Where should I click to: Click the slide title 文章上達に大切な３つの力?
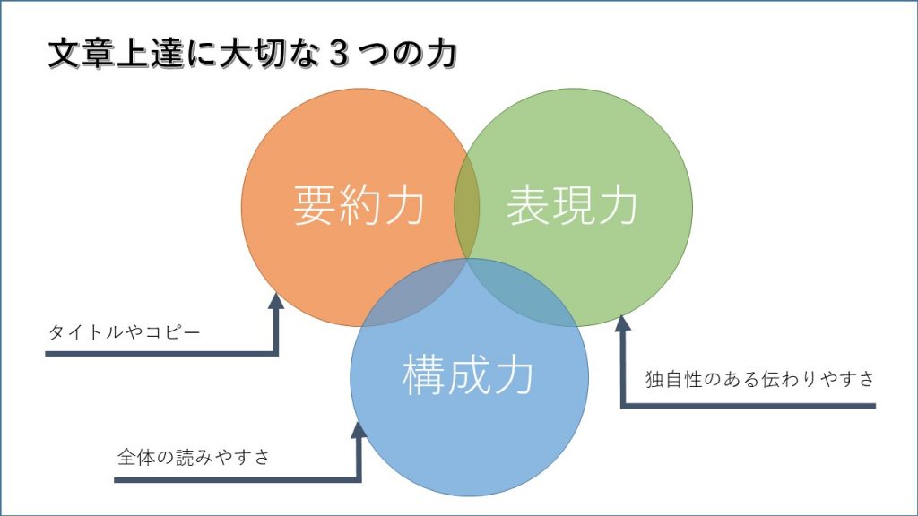(x=252, y=54)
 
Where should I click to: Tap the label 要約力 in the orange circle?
(x=359, y=205)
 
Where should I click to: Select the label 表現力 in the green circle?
(x=571, y=205)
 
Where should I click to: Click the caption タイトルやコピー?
(x=124, y=332)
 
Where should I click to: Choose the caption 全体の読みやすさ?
(x=194, y=457)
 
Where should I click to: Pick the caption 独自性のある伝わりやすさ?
(x=760, y=379)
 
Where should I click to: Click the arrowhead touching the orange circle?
(x=276, y=301)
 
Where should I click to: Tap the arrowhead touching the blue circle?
(x=358, y=430)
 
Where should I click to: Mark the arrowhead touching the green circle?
(x=623, y=322)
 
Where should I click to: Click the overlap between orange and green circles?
(x=466, y=206)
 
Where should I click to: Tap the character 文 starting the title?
(x=63, y=54)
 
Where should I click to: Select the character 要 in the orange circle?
(x=314, y=205)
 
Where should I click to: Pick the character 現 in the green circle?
(x=571, y=205)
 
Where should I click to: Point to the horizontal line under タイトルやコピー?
(x=161, y=354)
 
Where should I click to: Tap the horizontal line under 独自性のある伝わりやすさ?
(x=749, y=406)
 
